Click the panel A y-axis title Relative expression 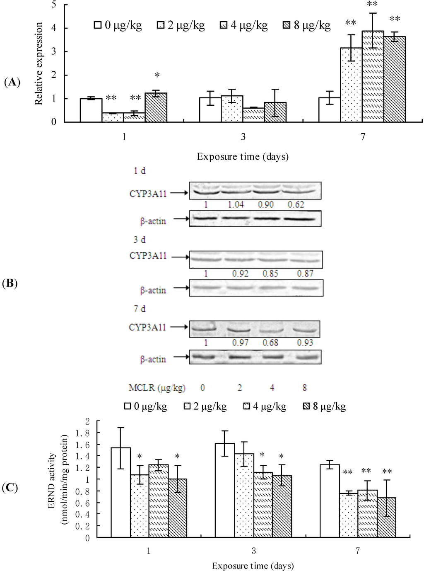tap(39, 63)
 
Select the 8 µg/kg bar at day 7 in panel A tap(395, 79)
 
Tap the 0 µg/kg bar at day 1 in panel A tap(91, 110)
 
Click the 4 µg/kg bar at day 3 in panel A tap(253, 115)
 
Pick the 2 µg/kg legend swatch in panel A tap(161, 25)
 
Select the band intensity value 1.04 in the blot tap(236, 204)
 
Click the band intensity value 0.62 tap(296, 204)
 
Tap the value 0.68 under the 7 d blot tap(270, 343)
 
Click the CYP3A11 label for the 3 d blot tap(148, 256)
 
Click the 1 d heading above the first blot tap(140, 171)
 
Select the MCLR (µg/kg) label tap(157, 388)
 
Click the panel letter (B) tap(10, 284)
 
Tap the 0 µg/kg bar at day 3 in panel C tap(225, 491)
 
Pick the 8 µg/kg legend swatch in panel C tap(307, 406)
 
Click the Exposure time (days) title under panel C tap(253, 566)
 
